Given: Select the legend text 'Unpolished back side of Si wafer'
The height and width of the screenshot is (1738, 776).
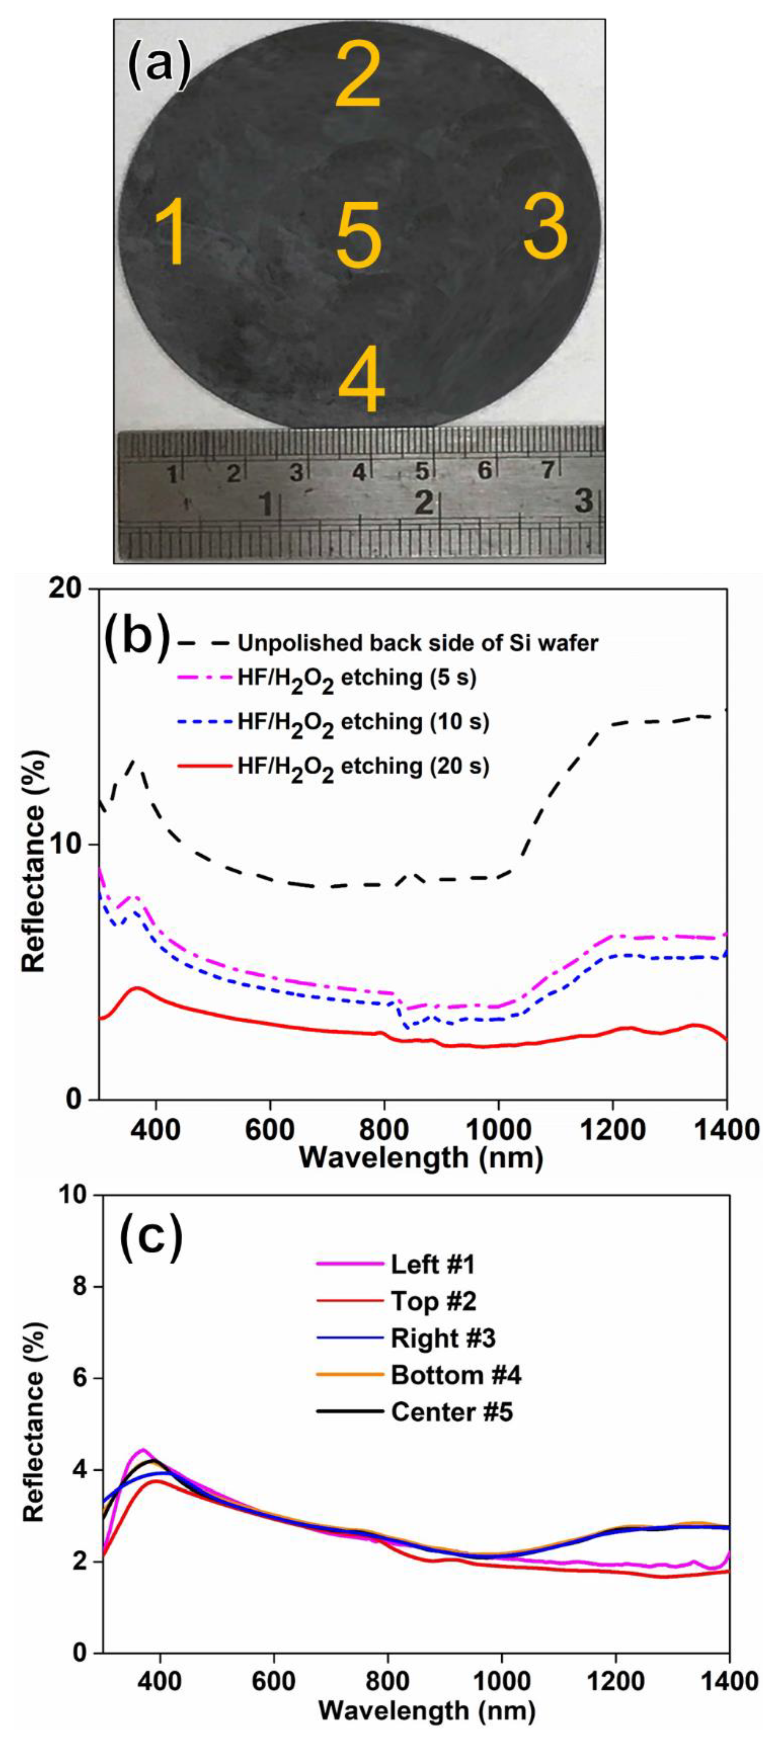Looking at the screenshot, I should tap(417, 643).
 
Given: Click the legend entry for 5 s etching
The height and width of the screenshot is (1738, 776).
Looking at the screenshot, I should tap(356, 677).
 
